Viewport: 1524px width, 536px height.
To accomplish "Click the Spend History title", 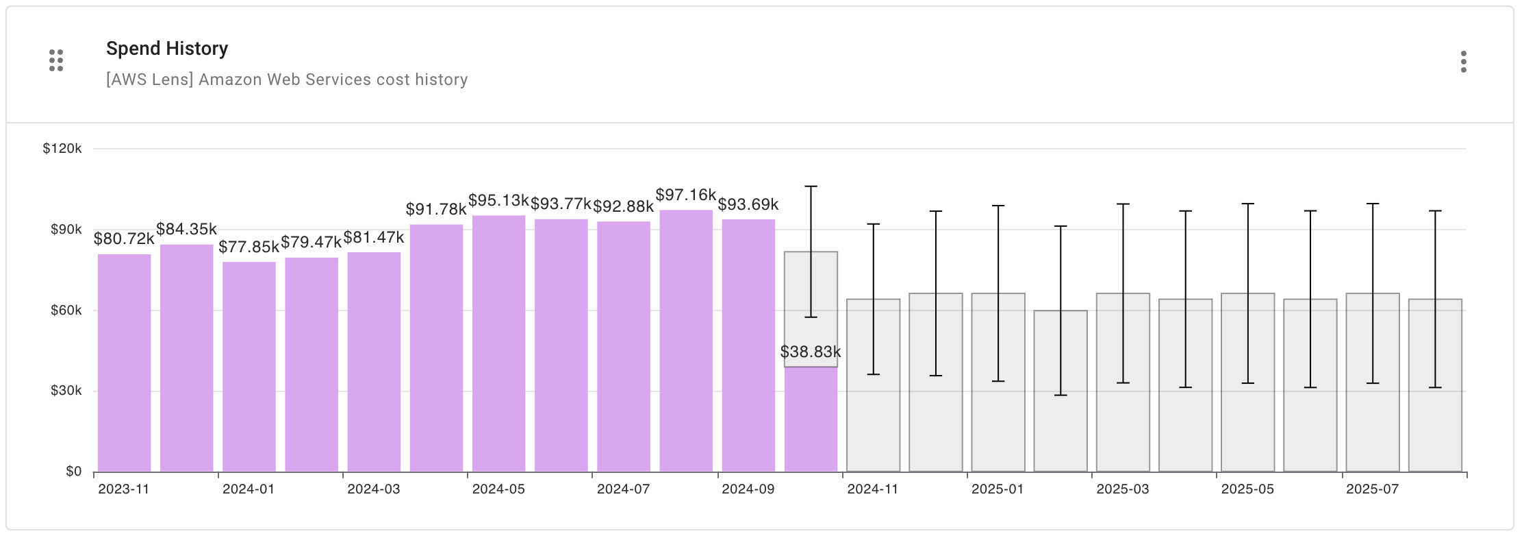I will (x=167, y=49).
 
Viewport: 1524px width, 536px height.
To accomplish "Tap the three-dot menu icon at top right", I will (x=1463, y=62).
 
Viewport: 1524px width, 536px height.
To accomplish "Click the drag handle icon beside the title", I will (x=56, y=60).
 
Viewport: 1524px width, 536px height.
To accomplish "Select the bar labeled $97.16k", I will (x=685, y=343).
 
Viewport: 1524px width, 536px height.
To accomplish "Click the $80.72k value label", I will (x=124, y=239).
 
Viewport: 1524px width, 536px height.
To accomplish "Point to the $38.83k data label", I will (x=811, y=352).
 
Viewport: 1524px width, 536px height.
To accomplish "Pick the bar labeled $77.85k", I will (x=249, y=367).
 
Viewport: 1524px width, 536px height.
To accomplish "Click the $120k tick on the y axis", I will (x=62, y=149).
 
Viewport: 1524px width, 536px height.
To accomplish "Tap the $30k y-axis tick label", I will (x=66, y=391).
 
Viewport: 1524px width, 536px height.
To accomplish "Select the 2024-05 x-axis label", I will (x=498, y=489).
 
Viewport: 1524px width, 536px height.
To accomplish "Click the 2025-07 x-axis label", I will (x=1372, y=489).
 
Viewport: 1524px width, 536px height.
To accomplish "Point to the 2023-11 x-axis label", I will (x=123, y=489).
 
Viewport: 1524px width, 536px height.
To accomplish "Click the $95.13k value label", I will (x=498, y=201).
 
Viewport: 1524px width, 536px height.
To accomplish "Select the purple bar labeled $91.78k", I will (x=436, y=350).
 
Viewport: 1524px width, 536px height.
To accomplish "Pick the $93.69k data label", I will (x=748, y=204).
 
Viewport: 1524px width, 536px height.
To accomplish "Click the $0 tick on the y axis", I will (x=73, y=472).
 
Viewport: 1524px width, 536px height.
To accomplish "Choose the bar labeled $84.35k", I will (x=186, y=356).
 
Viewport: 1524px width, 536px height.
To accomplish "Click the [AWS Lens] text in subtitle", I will (x=149, y=80).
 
